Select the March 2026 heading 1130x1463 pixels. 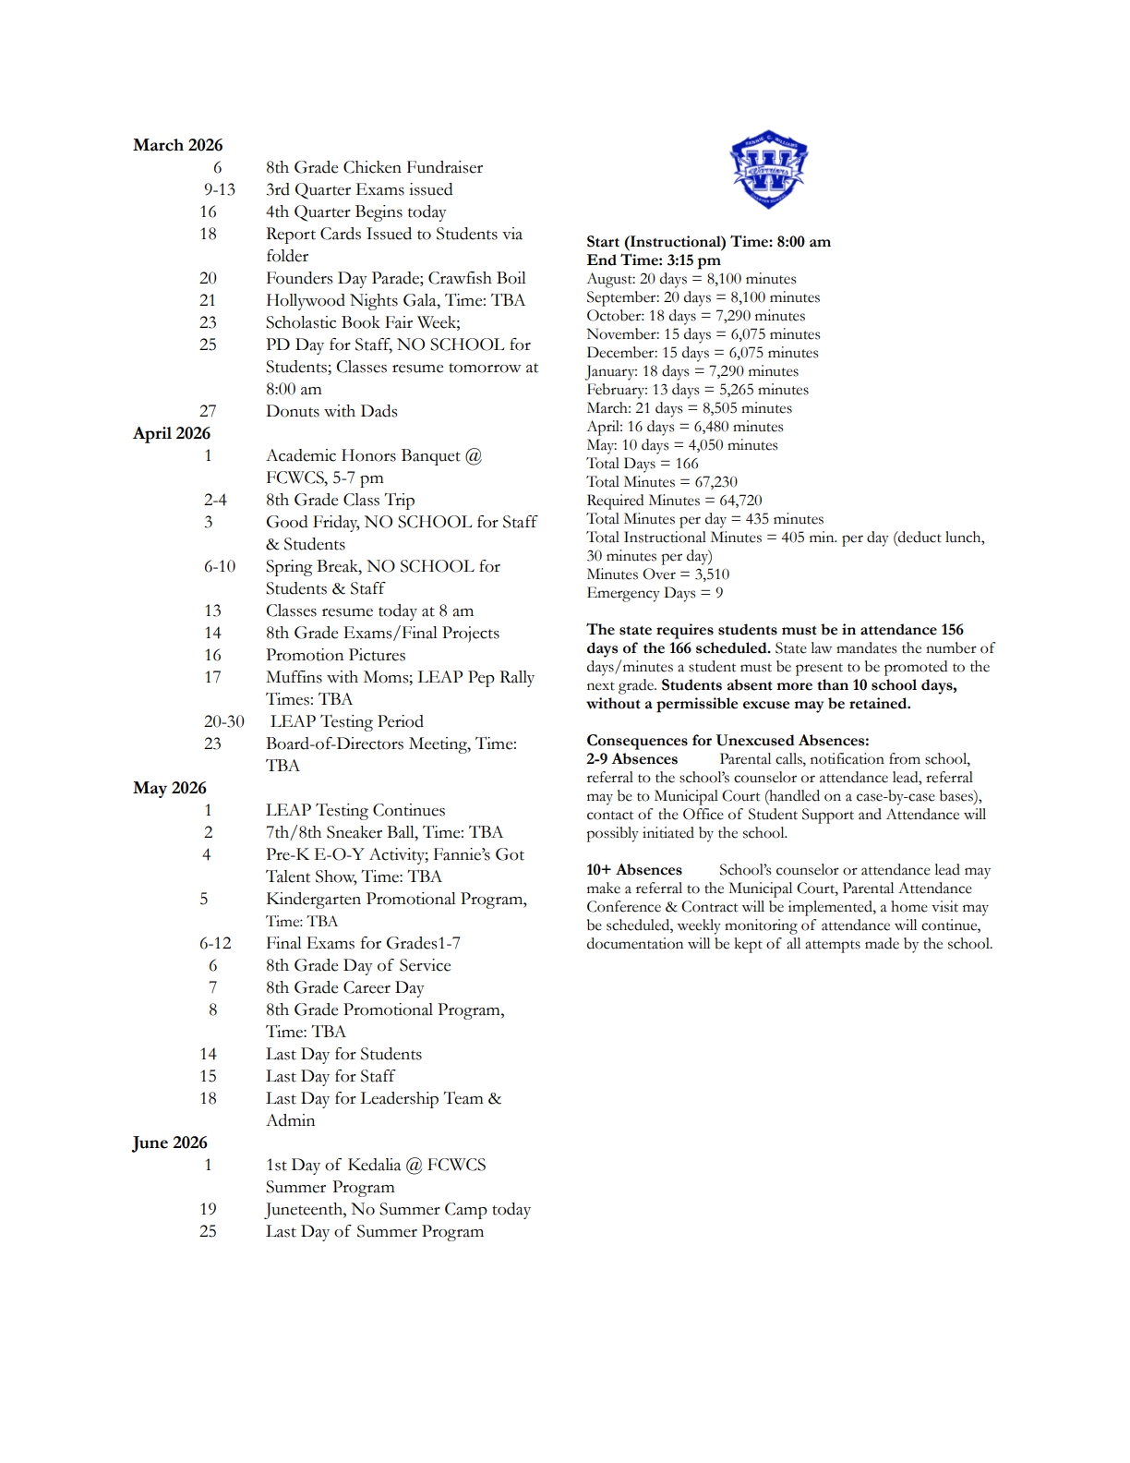click(178, 145)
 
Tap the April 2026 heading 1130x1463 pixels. click(172, 433)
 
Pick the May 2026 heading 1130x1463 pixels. click(170, 788)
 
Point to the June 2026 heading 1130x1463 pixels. click(170, 1143)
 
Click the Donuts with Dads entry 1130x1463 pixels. click(331, 411)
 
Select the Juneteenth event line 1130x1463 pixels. click(398, 1209)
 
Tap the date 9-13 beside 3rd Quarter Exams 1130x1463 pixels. click(220, 189)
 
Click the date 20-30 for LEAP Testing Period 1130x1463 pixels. click(224, 721)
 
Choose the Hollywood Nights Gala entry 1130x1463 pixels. click(395, 300)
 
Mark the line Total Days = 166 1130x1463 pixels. click(643, 464)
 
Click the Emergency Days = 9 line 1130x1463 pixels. click(655, 593)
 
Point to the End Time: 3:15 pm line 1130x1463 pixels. click(654, 260)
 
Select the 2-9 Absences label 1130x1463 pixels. click(632, 759)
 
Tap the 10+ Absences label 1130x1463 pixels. click(634, 870)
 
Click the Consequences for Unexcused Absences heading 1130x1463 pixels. click(727, 741)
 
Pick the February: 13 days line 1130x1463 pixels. click(697, 390)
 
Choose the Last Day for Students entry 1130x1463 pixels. click(343, 1054)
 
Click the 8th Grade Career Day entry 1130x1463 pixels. click(344, 987)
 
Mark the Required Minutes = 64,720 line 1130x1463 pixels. click(674, 501)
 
